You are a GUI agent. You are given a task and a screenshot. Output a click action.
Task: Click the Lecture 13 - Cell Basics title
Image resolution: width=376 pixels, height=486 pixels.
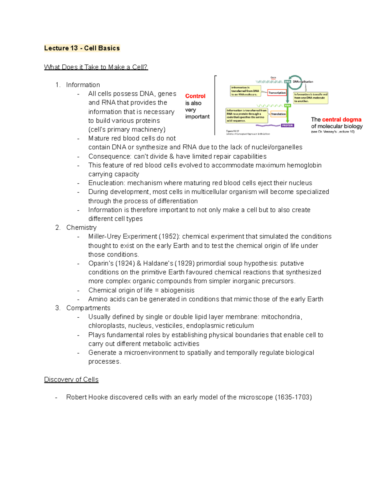tap(82, 48)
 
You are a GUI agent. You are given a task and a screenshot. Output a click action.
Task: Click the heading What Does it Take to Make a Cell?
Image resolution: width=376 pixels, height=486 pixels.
tap(96, 67)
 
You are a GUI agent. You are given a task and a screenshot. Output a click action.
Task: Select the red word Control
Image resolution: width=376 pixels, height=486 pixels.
tap(195, 96)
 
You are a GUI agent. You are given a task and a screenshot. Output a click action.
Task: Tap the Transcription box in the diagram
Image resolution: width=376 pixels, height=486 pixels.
tap(277, 93)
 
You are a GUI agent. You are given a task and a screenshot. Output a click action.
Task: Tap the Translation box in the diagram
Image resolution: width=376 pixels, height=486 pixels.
tap(278, 114)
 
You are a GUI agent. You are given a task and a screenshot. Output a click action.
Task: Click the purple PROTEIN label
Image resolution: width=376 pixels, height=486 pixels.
tap(287, 125)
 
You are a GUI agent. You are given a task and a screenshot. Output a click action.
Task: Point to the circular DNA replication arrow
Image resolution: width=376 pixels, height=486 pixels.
tap(295, 82)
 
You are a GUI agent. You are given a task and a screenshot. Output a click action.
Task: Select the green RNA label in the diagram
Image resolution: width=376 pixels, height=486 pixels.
tap(287, 105)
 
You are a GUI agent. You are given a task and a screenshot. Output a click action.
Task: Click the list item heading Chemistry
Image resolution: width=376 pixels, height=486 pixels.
tap(81, 228)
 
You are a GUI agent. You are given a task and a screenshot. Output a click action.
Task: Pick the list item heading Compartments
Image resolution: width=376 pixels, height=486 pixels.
tap(88, 308)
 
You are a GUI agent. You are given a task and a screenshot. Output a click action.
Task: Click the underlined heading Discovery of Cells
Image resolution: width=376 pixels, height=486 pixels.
tap(71, 380)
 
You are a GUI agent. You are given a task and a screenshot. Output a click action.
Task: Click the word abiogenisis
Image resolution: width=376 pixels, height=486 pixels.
tap(177, 290)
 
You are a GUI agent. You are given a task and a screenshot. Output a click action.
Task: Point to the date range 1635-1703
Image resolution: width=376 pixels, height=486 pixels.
tap(293, 397)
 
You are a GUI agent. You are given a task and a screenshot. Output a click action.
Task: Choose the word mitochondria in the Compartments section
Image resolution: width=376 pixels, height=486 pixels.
tap(281, 317)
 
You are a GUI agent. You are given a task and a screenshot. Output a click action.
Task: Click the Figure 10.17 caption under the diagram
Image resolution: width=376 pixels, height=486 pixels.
tap(232, 131)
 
